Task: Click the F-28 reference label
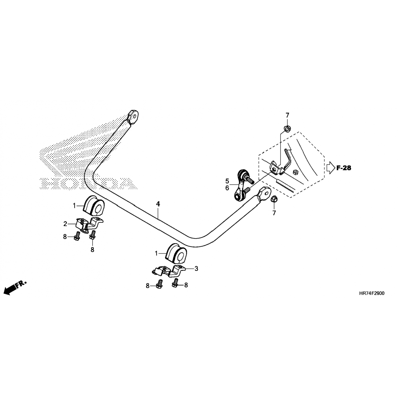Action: pyautogui.click(x=344, y=168)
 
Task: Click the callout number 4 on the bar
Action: pyautogui.click(x=158, y=204)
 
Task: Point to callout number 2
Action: pyautogui.click(x=65, y=224)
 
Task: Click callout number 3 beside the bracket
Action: pyautogui.click(x=196, y=269)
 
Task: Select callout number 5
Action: pyautogui.click(x=227, y=181)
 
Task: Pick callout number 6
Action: pyautogui.click(x=227, y=188)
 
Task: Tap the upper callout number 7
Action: pyautogui.click(x=287, y=115)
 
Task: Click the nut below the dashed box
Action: pyautogui.click(x=274, y=199)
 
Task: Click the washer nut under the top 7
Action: pyautogui.click(x=287, y=129)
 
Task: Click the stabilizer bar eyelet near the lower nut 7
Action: pyautogui.click(x=264, y=192)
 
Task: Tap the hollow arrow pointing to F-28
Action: pyautogui.click(x=331, y=168)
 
